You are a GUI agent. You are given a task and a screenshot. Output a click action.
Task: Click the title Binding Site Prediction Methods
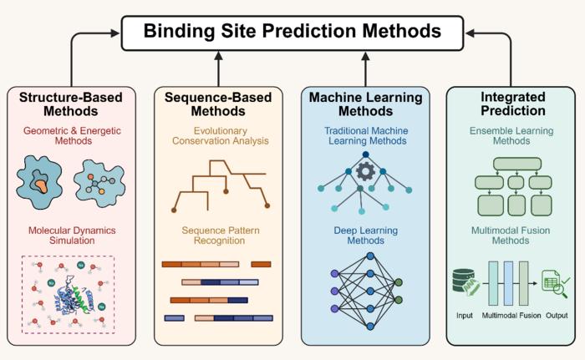point(292,32)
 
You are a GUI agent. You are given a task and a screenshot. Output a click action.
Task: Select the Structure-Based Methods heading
point(71,104)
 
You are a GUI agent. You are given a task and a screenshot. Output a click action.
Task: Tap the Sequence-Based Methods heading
point(218,104)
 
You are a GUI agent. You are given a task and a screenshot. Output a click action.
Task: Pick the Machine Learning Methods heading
point(365,104)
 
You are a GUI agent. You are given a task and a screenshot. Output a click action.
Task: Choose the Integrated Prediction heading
point(511,104)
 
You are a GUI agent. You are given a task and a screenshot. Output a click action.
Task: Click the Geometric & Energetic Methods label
point(71,137)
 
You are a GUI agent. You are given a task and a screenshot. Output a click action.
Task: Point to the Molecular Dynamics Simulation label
point(71,236)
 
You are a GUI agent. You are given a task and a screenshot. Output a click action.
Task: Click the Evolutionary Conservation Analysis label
point(218,137)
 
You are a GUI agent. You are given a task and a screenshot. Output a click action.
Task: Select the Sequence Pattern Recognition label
point(218,236)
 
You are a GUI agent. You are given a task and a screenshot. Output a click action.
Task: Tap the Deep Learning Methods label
point(365,236)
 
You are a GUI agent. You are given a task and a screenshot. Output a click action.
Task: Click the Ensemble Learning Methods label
point(511,137)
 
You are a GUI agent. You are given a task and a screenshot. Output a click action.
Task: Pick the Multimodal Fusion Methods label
point(511,236)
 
